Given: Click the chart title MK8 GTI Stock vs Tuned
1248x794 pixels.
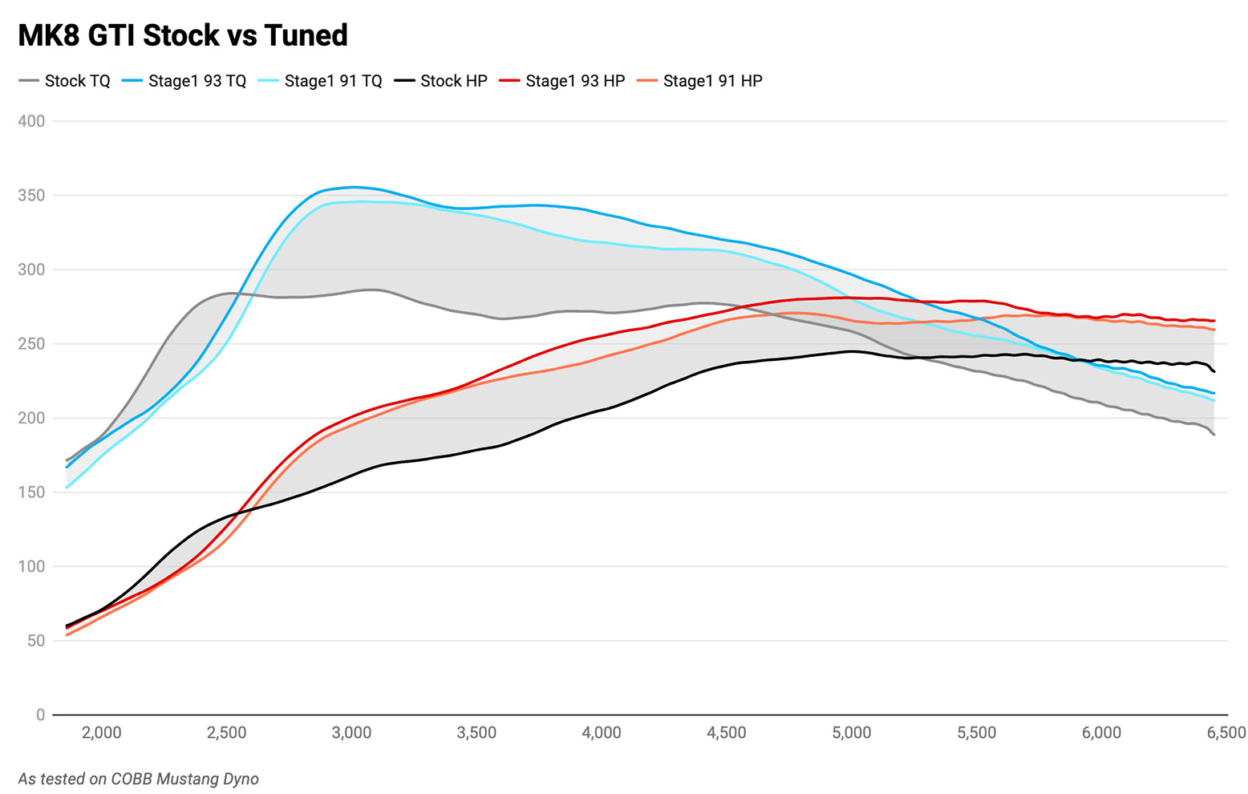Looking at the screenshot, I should pos(183,35).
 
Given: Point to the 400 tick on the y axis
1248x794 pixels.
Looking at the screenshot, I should pos(31,121).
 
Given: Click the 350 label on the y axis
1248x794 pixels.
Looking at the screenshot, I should pos(31,196).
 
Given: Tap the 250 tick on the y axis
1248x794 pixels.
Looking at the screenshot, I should pos(31,344).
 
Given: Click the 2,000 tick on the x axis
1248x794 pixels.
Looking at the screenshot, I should pos(102,732).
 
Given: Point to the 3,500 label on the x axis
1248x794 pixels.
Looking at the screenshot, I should pos(476,732).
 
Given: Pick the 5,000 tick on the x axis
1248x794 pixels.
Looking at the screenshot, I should pos(852,732).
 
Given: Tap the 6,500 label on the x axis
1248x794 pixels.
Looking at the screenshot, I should pos(1226,732).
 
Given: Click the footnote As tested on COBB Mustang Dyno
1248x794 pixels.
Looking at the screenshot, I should pos(138,779).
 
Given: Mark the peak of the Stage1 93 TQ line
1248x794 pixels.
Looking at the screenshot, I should pos(354,187).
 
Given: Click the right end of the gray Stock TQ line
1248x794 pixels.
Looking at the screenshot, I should pos(1214,435).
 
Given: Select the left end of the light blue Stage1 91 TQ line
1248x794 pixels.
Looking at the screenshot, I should pos(67,488).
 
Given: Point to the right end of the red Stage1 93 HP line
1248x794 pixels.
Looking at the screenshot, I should pos(1214,321).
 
